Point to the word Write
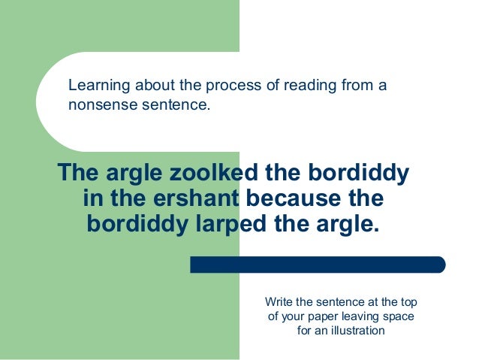click(281, 302)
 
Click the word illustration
click(354, 331)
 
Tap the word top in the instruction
click(408, 302)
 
